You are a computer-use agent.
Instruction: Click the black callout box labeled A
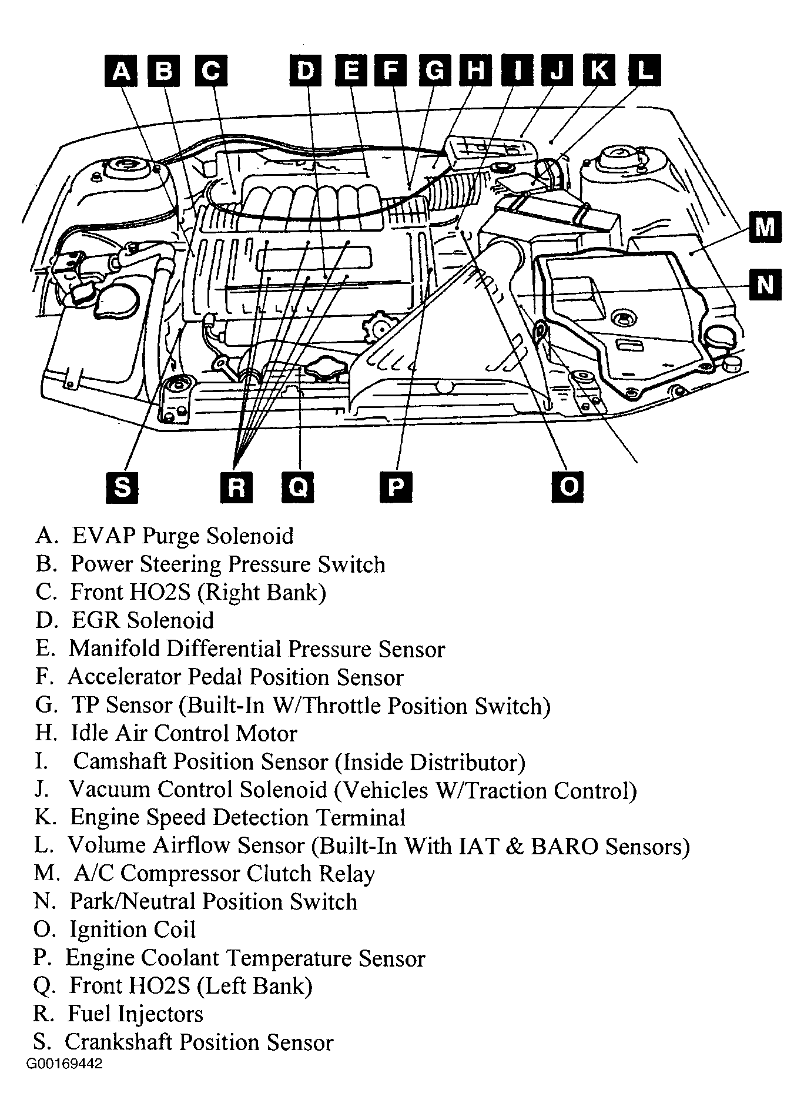[x=121, y=71]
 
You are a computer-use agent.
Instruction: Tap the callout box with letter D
[x=306, y=71]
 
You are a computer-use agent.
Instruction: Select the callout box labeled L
[x=645, y=71]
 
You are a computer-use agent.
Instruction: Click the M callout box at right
[x=765, y=226]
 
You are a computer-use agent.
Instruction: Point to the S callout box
[x=122, y=487]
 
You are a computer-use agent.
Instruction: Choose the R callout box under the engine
[x=236, y=487]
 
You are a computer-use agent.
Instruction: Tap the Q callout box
[x=298, y=487]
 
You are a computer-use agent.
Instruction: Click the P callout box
[x=396, y=487]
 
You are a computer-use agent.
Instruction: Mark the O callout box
[x=568, y=487]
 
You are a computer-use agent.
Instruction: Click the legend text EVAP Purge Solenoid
[x=182, y=536]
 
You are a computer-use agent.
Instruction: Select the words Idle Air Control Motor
[x=184, y=733]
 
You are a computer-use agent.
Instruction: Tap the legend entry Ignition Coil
[x=133, y=930]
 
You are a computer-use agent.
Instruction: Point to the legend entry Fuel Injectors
[x=136, y=1014]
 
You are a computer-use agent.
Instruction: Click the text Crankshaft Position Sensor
[x=199, y=1042]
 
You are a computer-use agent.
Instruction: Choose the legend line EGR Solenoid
[x=143, y=620]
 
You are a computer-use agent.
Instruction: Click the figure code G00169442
[x=64, y=1064]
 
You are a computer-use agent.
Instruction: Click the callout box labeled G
[x=435, y=71]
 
